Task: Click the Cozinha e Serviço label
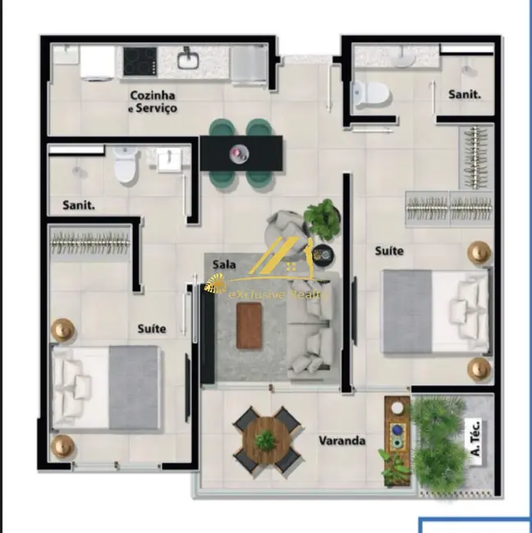(153, 102)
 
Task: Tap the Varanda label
(342, 441)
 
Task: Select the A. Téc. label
(473, 438)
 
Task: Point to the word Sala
(225, 264)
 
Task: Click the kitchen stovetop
(140, 60)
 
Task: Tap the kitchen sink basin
(188, 59)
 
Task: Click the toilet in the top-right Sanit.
(371, 92)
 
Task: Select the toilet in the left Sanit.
(125, 166)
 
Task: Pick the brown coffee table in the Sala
(250, 326)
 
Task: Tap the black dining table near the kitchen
(241, 153)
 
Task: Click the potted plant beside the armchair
(323, 219)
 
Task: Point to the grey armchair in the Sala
(287, 230)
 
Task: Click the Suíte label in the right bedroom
(389, 250)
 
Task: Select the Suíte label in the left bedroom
(152, 329)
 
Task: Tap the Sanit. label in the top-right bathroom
(464, 94)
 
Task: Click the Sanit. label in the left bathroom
(79, 205)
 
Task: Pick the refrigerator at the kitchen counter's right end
(247, 65)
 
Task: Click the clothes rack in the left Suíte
(90, 240)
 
